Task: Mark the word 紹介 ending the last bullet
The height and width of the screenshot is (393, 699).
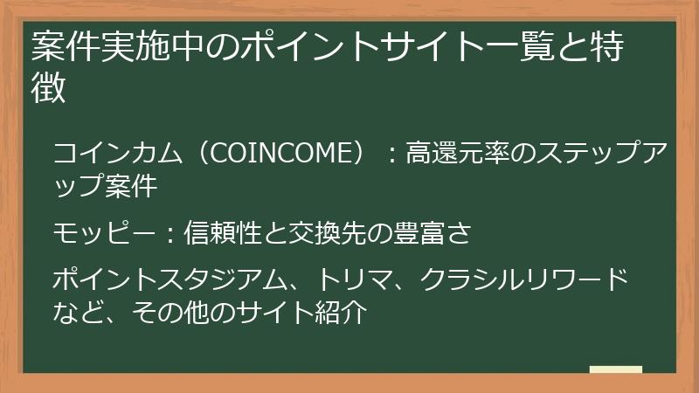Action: click(336, 312)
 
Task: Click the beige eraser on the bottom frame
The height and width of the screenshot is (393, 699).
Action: click(616, 370)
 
